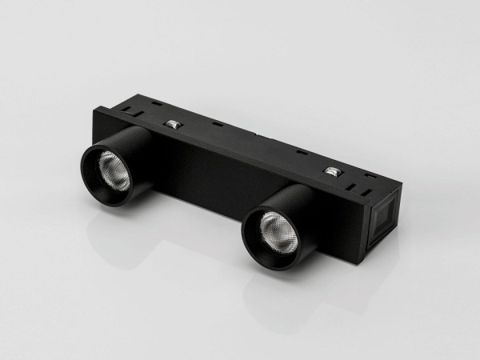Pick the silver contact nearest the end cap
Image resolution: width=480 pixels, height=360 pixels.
(330, 171)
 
